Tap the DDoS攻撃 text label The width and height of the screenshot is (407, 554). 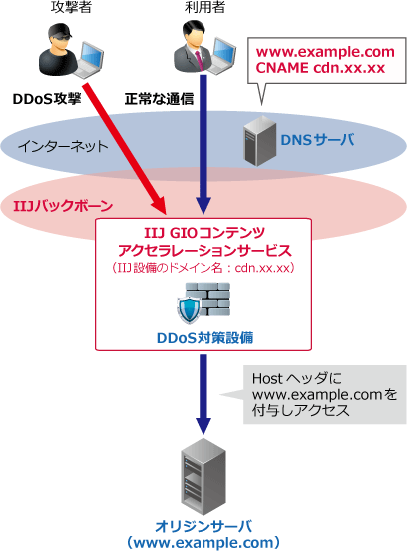45,100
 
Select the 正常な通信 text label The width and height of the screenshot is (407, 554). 159,100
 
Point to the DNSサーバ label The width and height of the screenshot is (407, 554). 320,142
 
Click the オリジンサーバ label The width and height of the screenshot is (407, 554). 203,525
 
